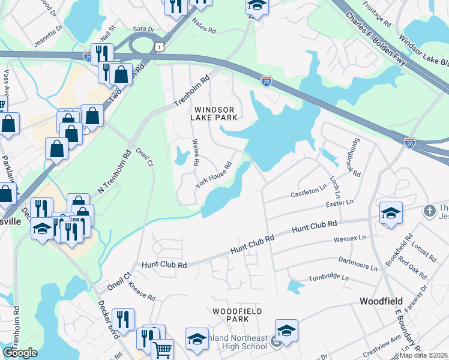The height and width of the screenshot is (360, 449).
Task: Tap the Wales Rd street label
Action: pyautogui.click(x=194, y=152)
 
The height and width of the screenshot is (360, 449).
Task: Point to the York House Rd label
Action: pyautogui.click(x=214, y=175)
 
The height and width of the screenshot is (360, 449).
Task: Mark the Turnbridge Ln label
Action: pyautogui.click(x=328, y=278)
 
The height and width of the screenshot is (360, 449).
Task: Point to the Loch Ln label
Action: pyautogui.click(x=335, y=187)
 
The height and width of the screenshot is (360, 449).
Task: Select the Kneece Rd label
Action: pyautogui.click(x=141, y=292)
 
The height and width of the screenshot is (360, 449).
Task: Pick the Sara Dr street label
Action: pyautogui.click(x=143, y=29)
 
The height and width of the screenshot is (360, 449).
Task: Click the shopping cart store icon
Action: pyautogui.click(x=162, y=349)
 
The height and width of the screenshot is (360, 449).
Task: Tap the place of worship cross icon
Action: pyautogui.click(x=429, y=211)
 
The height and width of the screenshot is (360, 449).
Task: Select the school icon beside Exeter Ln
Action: pyautogui.click(x=390, y=213)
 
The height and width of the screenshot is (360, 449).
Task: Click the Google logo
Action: pyautogui.click(x=20, y=353)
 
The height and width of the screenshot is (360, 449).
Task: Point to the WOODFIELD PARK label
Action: pyautogui.click(x=230, y=315)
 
